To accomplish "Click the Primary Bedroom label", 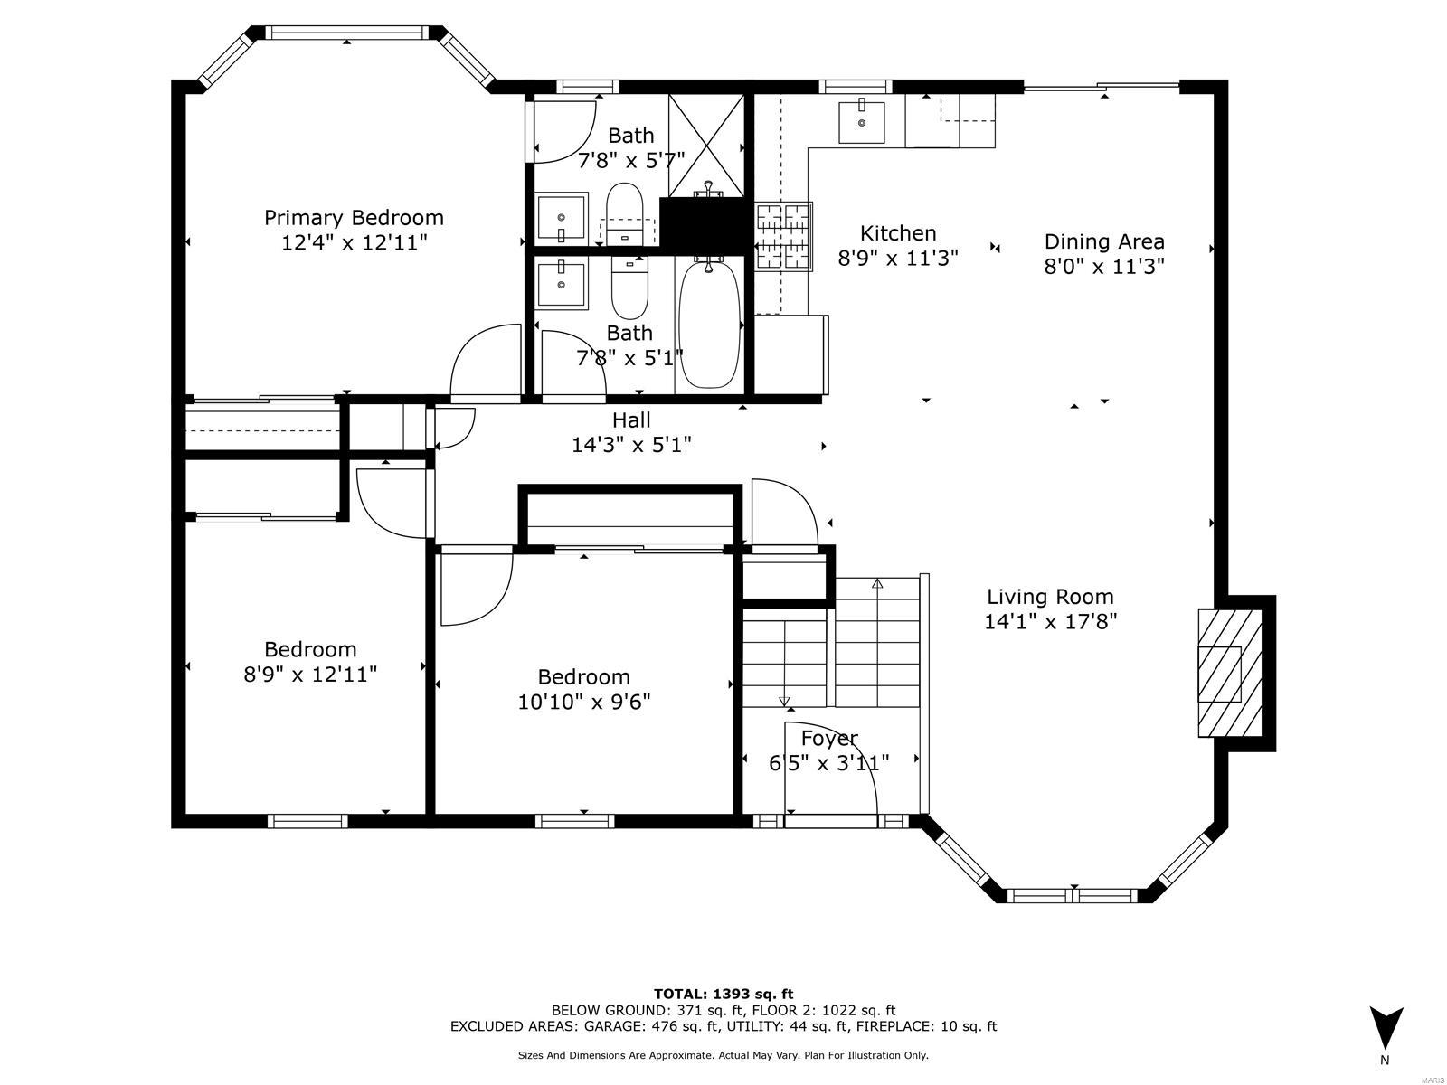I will point(354,218).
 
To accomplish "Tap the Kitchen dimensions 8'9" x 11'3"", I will point(897,259).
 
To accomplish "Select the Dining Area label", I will point(1104,241).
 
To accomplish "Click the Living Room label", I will point(1050,597).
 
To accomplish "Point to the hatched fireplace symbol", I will point(1229,674).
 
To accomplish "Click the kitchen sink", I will point(862,122).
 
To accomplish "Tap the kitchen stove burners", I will point(784,237).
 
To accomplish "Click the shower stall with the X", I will point(705,145).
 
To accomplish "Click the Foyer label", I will point(829,738).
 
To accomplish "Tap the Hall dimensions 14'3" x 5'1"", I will point(631,445).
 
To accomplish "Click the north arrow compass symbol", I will point(1386,1029).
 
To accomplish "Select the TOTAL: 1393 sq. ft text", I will point(723,994).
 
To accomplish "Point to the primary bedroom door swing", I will point(484,362).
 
